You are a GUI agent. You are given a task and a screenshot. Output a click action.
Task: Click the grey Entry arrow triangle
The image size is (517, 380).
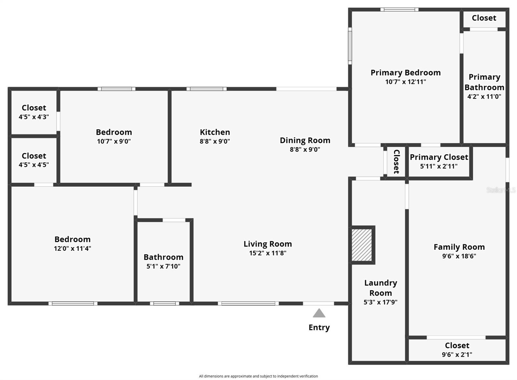tap(319, 313)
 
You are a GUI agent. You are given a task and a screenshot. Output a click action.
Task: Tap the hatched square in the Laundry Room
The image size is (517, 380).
tap(362, 245)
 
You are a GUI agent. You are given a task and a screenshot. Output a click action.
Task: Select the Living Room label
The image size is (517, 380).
tap(268, 244)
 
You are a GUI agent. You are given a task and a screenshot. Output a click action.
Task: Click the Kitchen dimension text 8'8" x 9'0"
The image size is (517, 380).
tap(215, 141)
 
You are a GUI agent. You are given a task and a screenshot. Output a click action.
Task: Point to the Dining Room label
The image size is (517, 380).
tap(305, 140)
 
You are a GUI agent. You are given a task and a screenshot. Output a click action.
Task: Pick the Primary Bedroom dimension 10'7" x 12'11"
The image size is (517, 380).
tap(406, 82)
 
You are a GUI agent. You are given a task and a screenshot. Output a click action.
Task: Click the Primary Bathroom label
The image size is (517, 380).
tap(484, 82)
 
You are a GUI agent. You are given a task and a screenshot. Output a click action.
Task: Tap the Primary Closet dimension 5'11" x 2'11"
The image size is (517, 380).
tap(439, 166)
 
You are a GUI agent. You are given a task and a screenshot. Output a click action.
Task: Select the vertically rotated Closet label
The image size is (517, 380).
tap(396, 161)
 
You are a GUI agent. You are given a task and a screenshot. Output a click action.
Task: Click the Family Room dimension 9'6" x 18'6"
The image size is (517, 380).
tap(459, 256)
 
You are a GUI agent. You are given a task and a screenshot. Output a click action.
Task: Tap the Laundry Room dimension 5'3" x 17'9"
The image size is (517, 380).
tap(380, 302)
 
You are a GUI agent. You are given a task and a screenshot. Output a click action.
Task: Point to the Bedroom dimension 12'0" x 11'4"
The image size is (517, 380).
tap(72, 248)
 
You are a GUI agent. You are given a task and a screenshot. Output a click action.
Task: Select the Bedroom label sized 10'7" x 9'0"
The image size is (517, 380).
tap(114, 132)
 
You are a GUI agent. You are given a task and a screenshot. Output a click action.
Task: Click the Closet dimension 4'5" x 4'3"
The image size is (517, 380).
tap(34, 117)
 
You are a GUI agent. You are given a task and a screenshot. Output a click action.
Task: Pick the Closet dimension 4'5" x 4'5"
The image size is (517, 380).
tap(34, 165)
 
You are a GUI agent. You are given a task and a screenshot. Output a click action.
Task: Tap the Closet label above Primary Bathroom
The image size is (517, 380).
tap(484, 18)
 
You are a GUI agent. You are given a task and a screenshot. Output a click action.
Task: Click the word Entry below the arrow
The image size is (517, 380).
tap(319, 327)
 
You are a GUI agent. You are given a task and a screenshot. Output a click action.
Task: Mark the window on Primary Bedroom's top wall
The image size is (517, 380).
tap(399, 9)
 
